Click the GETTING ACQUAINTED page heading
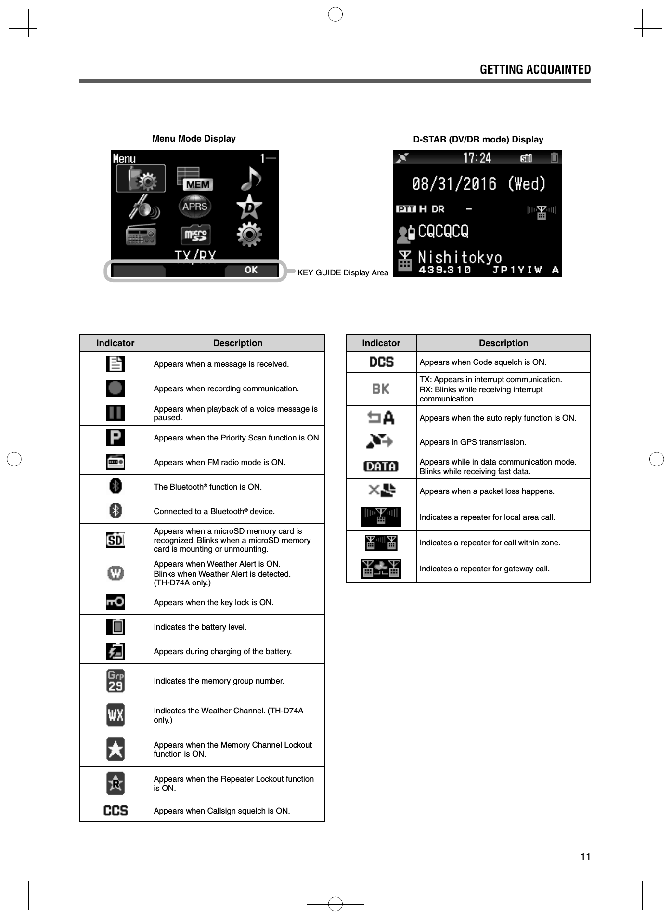(535, 70)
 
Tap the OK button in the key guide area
(251, 270)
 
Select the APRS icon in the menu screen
(195, 207)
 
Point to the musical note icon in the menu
(250, 178)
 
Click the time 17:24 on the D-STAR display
(477, 158)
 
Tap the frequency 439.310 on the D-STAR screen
(444, 270)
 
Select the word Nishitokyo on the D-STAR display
(460, 257)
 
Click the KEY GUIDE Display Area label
(343, 273)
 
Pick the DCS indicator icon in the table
(381, 362)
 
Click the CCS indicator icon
(116, 811)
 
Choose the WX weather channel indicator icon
(116, 715)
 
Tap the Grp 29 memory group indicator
(116, 681)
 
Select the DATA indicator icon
(381, 466)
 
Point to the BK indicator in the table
(381, 389)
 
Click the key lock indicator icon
(116, 602)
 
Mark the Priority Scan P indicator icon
(116, 438)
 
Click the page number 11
(585, 857)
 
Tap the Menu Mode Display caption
(194, 139)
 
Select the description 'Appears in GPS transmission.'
(473, 442)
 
